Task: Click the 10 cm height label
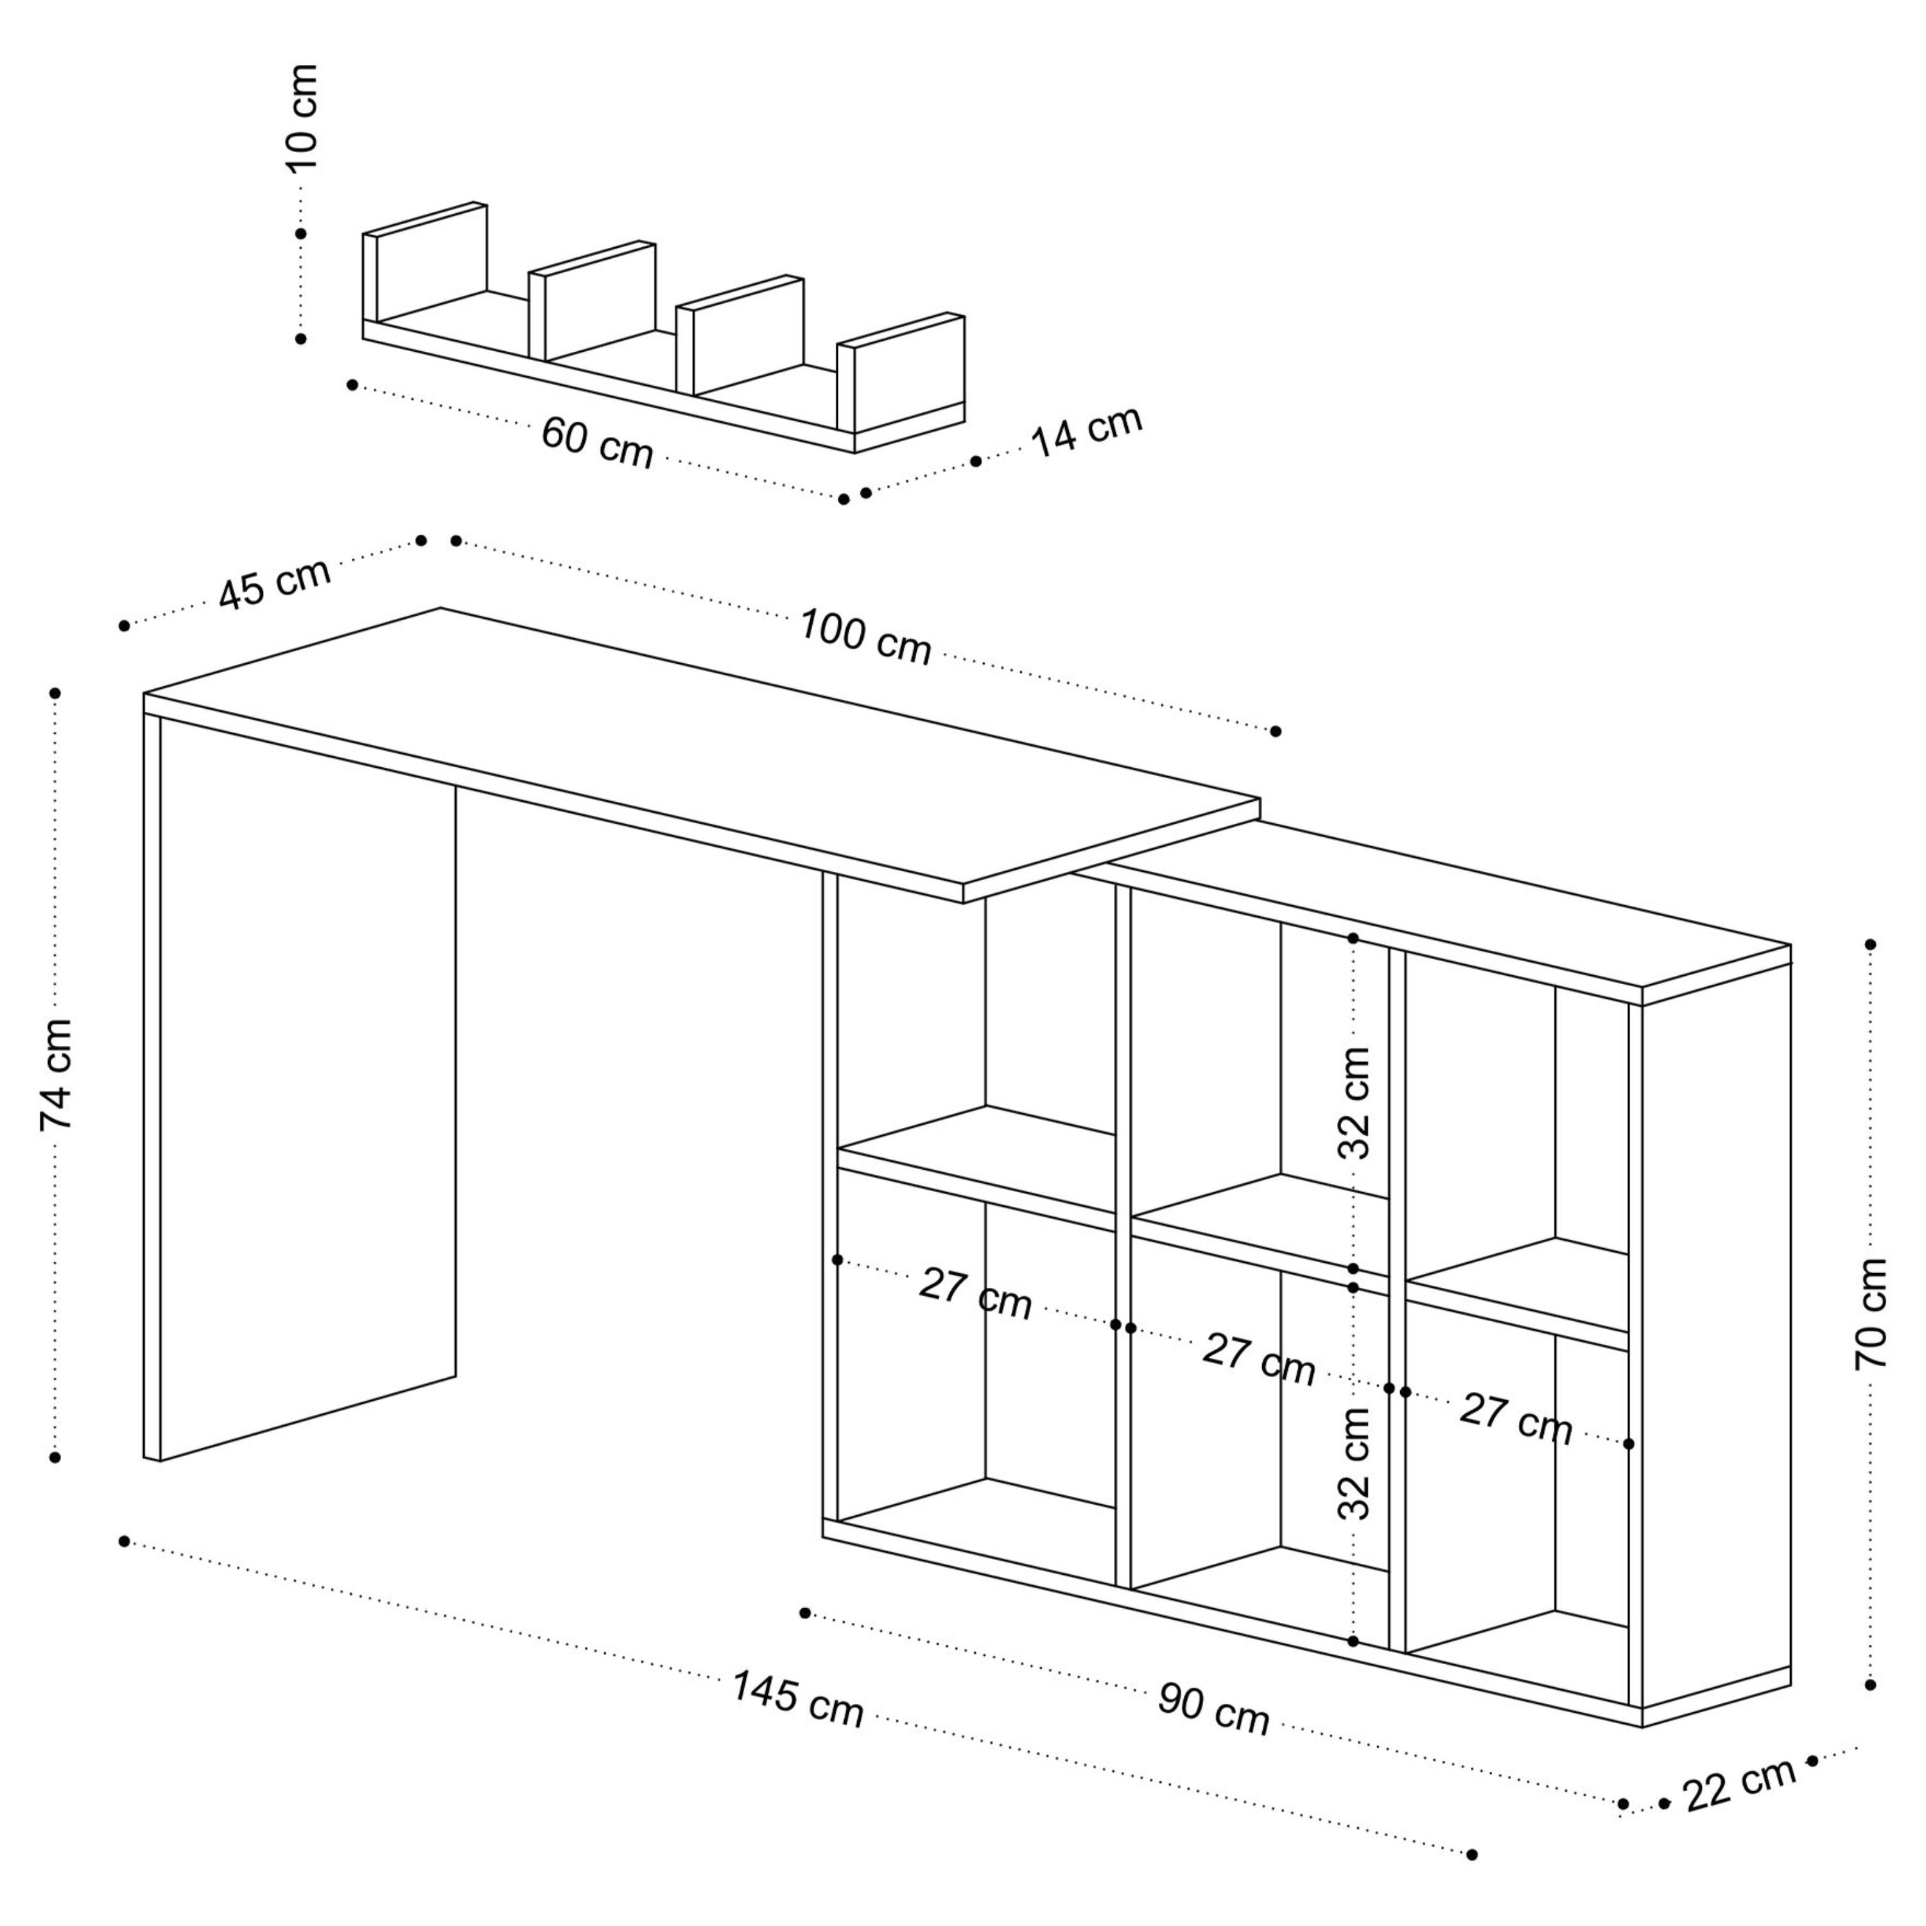coord(302,117)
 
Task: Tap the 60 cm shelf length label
coord(597,442)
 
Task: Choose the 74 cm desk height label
coord(57,1075)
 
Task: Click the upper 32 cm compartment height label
coord(1354,1102)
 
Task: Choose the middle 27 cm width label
coord(1259,1358)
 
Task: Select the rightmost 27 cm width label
coord(1515,1419)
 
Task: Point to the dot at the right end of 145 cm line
coord(1472,1854)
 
